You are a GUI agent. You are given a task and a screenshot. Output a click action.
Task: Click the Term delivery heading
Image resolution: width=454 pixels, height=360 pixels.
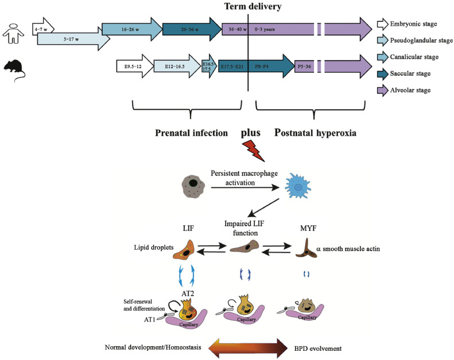[249, 7]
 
